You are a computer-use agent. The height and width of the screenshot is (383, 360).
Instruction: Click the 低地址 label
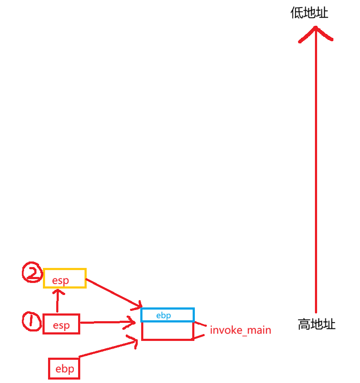coord(309,13)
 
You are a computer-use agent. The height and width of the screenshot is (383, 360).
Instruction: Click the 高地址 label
coord(317,324)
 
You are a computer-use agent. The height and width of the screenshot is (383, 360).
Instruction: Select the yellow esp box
coord(65,278)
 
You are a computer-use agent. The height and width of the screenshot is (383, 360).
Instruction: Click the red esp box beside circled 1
coord(61,323)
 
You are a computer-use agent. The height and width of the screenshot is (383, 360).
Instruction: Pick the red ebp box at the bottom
coord(64,368)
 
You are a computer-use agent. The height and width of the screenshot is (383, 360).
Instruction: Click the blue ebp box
coord(167,315)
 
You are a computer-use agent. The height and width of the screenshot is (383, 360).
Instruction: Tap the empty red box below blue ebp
coord(167,331)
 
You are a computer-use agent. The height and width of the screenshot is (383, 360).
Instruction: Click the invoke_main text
coord(240,330)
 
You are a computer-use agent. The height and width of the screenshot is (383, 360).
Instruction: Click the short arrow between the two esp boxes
coord(57,301)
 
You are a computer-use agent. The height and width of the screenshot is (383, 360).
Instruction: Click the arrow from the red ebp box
coord(107,348)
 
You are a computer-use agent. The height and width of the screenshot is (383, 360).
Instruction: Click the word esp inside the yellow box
coord(61,281)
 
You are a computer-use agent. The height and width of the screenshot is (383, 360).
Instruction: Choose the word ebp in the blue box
coord(163,316)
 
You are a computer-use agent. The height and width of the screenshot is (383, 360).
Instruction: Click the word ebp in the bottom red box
coord(64,369)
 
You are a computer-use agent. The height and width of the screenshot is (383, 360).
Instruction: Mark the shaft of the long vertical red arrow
coord(315,172)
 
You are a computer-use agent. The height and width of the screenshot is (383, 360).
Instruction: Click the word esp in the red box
coord(61,325)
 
